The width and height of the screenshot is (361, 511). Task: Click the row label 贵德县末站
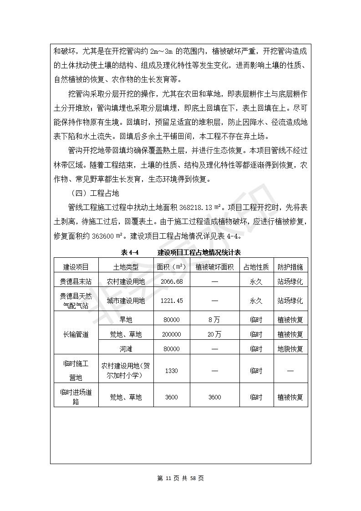coord(76,281)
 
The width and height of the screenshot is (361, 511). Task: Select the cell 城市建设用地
coord(126,301)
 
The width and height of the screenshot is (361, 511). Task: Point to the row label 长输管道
coord(76,334)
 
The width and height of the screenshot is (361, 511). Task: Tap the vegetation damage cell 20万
coord(214,334)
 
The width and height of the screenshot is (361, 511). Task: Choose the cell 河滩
coord(126,349)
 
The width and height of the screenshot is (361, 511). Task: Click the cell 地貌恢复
coord(290,349)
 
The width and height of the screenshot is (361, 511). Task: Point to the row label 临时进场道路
coord(76,397)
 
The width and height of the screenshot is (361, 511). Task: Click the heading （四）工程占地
coord(93,193)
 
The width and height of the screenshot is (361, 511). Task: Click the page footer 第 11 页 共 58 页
coord(180,478)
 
